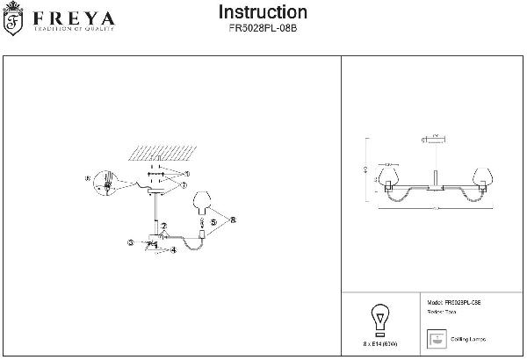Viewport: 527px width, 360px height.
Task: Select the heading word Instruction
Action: (x=263, y=12)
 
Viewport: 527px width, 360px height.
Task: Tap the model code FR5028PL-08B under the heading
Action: (x=263, y=28)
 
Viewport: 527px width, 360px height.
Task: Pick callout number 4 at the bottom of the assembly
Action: (x=174, y=250)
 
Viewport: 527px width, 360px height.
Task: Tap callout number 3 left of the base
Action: (x=129, y=242)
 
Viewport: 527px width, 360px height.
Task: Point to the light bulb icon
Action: (x=380, y=317)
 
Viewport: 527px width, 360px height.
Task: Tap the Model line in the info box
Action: (x=453, y=301)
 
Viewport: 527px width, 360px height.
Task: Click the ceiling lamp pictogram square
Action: (x=434, y=338)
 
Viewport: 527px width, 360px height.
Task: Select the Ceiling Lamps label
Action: (x=471, y=339)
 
